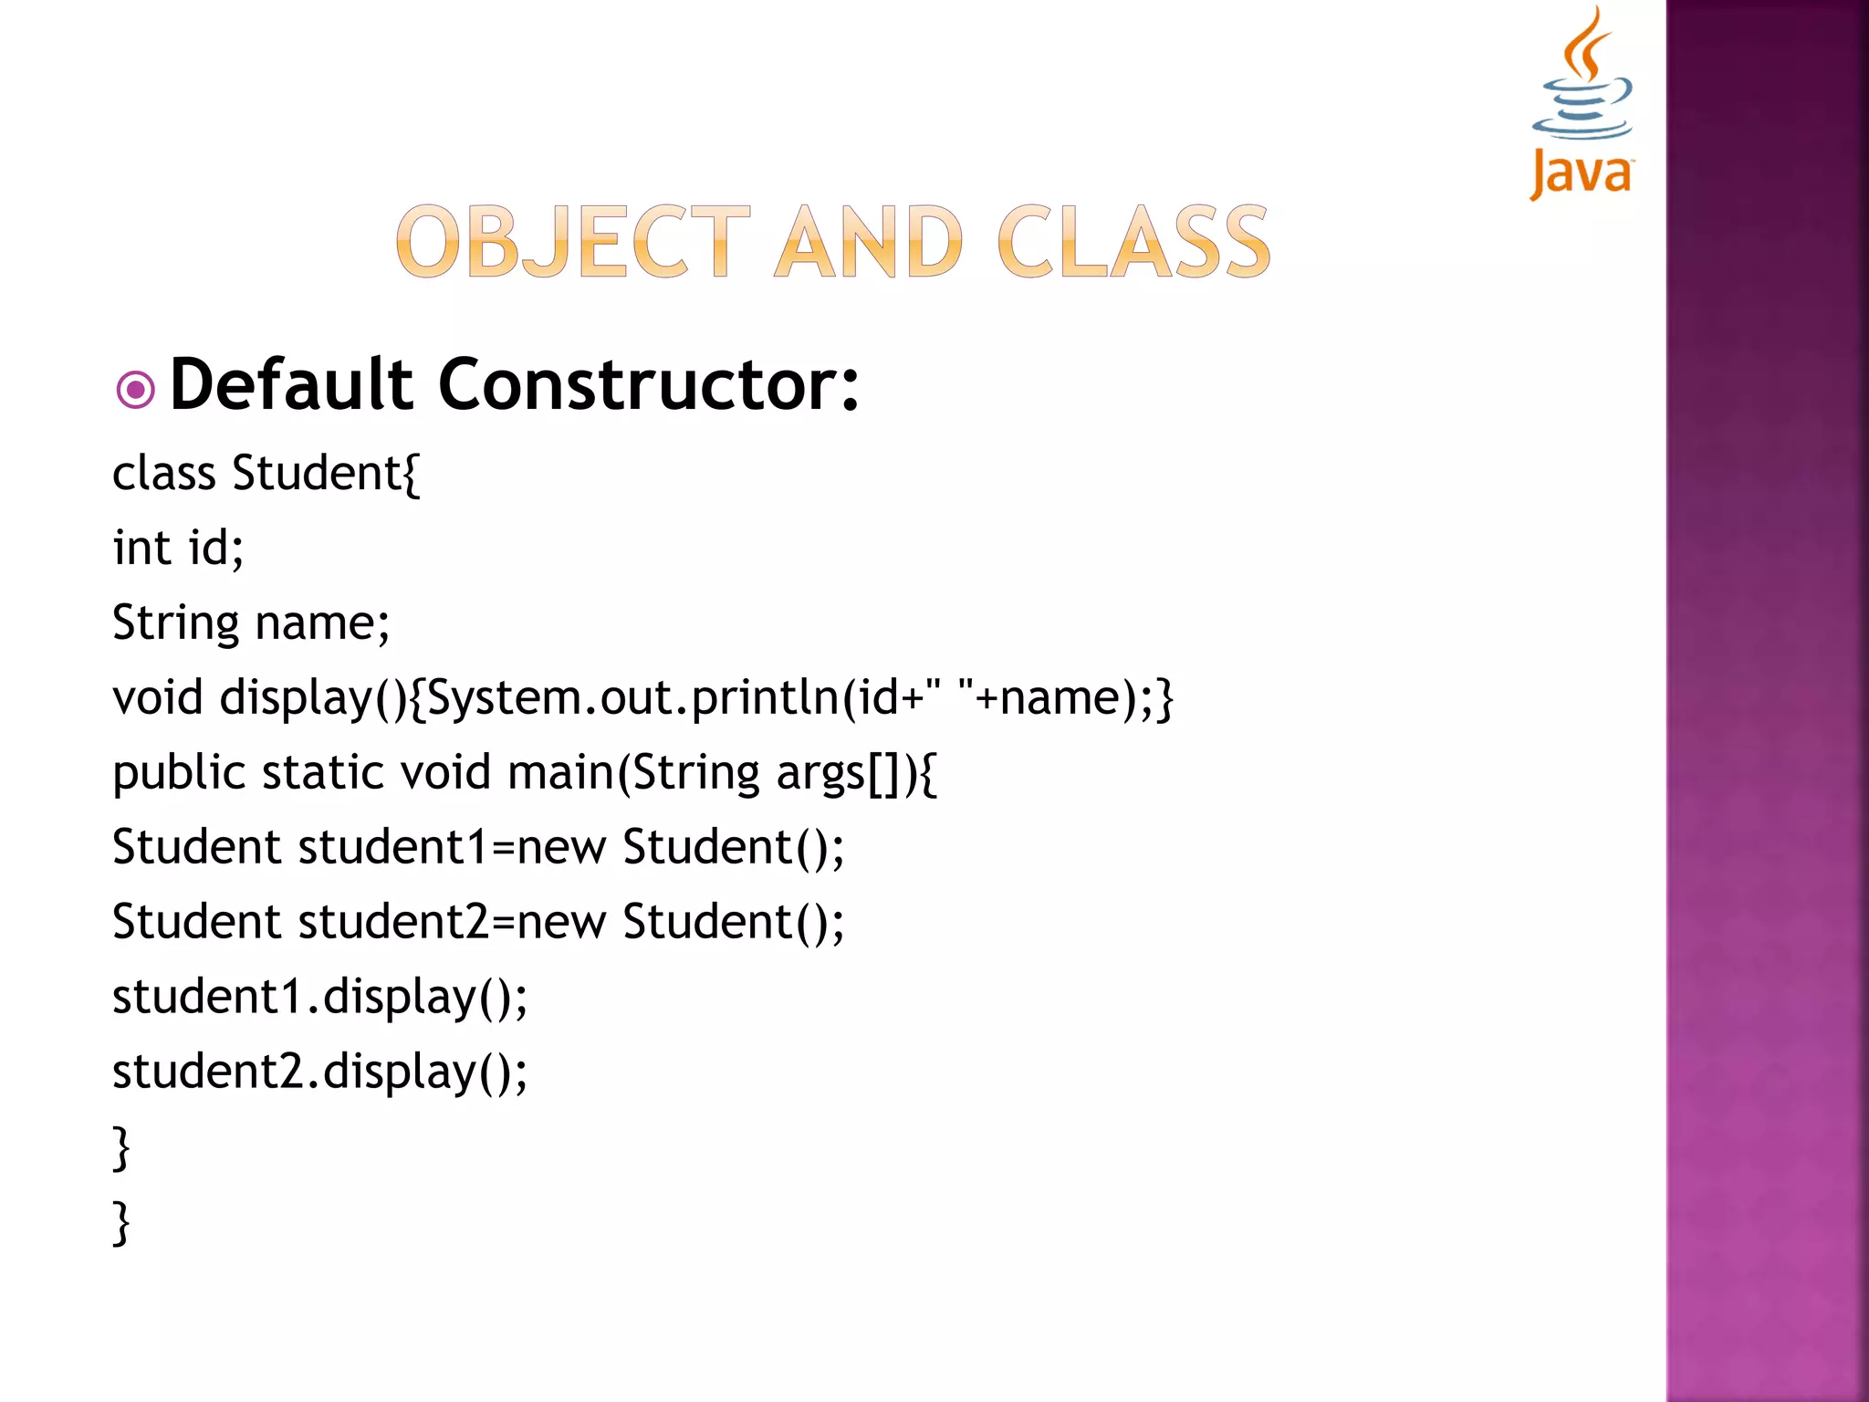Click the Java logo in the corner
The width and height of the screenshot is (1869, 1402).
(1582, 102)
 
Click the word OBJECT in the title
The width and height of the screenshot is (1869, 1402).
(573, 242)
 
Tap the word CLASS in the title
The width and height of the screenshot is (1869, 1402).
(1133, 242)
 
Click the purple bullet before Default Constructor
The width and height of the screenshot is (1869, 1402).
(136, 391)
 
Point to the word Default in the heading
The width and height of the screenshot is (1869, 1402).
(292, 385)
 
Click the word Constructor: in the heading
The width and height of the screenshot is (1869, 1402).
(648, 385)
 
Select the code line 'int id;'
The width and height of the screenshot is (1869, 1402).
(178, 549)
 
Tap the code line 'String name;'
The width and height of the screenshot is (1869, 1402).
(251, 623)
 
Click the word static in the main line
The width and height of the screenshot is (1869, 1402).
(323, 773)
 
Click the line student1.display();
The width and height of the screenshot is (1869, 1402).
(319, 997)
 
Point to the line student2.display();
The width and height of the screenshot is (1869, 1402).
(319, 1072)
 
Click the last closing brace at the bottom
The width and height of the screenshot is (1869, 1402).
(121, 1223)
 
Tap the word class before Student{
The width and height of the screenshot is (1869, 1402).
(164, 474)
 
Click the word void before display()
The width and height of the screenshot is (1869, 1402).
(157, 698)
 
